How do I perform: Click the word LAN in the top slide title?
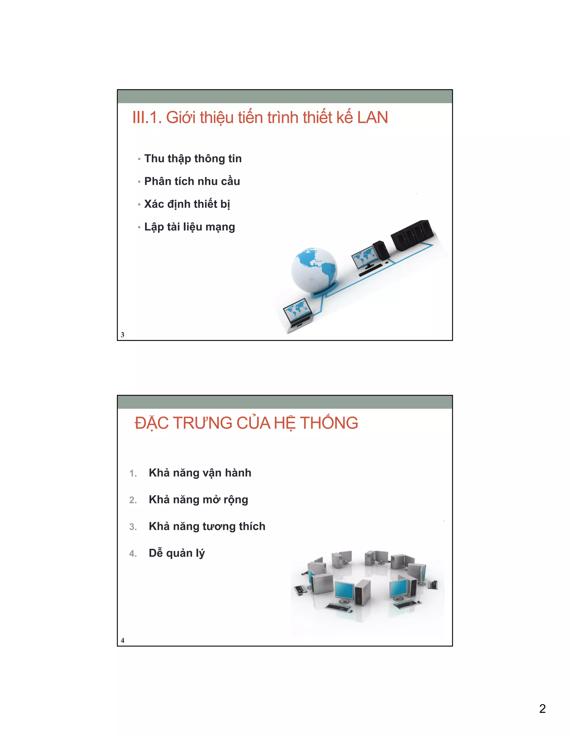tap(372, 118)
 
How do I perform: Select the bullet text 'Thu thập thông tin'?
tap(193, 158)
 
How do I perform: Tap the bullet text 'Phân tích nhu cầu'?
tap(192, 181)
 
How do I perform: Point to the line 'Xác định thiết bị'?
tap(187, 204)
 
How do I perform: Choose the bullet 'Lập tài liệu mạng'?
tap(190, 227)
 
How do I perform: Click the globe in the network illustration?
tap(314, 270)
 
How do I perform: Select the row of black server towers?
tap(412, 235)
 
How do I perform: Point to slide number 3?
tap(123, 335)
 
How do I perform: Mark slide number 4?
tap(123, 640)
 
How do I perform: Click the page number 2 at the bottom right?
tap(542, 708)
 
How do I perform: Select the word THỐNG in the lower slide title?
tap(329, 423)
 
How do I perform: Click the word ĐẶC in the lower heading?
tap(151, 423)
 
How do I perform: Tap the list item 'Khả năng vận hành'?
tap(200, 473)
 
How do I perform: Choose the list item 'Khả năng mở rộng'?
tap(198, 499)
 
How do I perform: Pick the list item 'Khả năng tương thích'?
tap(207, 526)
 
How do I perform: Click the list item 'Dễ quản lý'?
tap(177, 553)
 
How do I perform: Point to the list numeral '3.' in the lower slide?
tap(133, 527)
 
